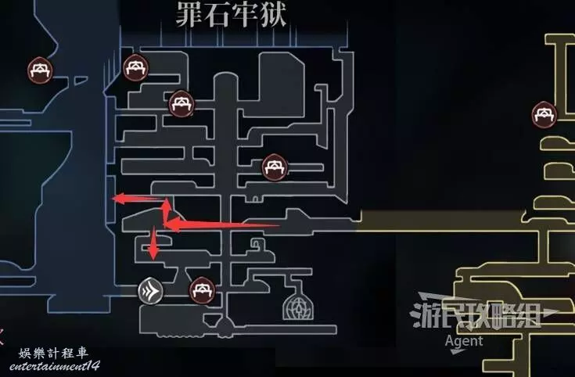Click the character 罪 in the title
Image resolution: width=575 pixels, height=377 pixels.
click(189, 14)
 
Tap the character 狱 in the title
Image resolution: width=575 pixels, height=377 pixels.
click(273, 14)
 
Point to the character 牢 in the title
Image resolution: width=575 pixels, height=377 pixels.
click(245, 14)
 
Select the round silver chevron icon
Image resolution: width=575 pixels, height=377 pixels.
click(150, 291)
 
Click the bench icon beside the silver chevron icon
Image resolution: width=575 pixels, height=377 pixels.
click(202, 290)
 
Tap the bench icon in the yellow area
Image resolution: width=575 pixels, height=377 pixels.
click(544, 115)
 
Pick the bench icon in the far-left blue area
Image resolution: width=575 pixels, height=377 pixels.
click(41, 70)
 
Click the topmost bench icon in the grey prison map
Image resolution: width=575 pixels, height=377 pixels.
click(135, 67)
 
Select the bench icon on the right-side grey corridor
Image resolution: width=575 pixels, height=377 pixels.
click(275, 167)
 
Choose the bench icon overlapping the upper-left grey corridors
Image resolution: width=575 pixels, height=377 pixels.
click(181, 103)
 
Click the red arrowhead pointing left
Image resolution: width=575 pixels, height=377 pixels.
click(119, 199)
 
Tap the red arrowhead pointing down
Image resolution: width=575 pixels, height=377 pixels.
click(153, 253)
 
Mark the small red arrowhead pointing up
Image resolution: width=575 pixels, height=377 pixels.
click(167, 203)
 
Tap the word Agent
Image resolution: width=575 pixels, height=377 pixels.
click(464, 341)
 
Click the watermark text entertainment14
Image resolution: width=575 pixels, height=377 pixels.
click(55, 365)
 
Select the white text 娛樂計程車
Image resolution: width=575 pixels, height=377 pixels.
click(53, 354)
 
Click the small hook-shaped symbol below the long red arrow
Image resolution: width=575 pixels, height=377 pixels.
click(256, 243)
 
